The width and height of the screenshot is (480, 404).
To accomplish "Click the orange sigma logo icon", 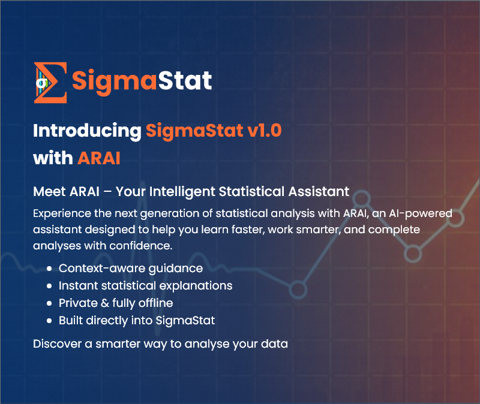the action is coord(50,83).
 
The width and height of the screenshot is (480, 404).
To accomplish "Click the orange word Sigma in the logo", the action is coord(114,81).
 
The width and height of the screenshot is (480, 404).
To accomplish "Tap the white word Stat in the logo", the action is coord(185,80).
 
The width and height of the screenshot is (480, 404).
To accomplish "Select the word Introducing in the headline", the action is coord(87,131).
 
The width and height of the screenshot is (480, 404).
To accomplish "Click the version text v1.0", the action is coord(265,130).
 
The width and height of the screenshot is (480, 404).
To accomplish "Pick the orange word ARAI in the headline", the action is coord(99,158).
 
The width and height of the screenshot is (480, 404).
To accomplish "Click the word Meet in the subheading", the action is coord(50,192).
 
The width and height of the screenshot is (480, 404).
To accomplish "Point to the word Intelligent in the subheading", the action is coord(182,192).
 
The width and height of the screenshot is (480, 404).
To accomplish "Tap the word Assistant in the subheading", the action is coord(319,192).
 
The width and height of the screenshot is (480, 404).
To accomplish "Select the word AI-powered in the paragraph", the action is coord(421,213).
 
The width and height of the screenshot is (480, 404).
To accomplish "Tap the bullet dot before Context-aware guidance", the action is coord(49,269).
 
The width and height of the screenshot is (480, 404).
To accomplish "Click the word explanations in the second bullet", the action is coord(196,287).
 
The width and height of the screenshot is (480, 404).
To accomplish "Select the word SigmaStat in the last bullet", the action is coord(185,321).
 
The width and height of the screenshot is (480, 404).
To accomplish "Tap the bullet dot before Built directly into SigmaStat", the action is coord(49,321).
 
